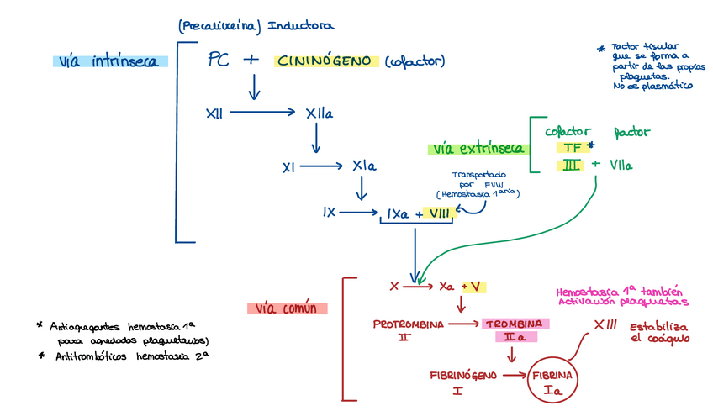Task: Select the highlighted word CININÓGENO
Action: click(x=325, y=61)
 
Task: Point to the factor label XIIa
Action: click(x=320, y=112)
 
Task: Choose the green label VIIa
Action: click(x=621, y=165)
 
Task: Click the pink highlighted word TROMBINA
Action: click(x=515, y=324)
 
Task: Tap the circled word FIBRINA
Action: click(x=552, y=375)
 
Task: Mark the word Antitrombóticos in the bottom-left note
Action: click(x=84, y=356)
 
